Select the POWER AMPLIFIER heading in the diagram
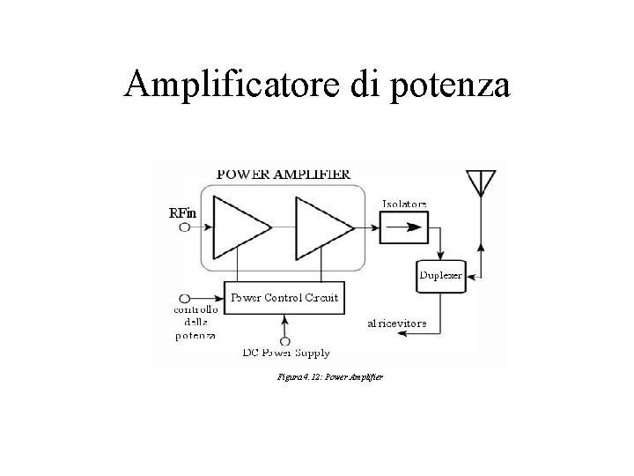283,174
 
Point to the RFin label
182,213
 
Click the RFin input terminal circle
185,227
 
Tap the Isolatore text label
404,204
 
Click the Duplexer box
440,275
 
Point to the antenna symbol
480,181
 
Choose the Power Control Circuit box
284,297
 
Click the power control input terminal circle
185,297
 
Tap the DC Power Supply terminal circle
284,340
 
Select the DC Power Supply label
286,353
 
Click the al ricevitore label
397,324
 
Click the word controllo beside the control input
196,309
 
